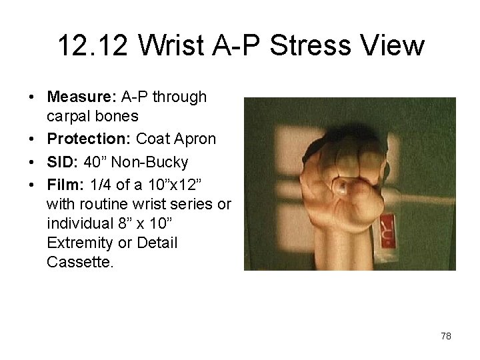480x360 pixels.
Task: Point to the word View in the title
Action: [x=393, y=46]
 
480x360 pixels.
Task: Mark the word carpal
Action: [x=70, y=117]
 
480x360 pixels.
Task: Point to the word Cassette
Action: [x=81, y=262]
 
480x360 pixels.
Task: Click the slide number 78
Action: [x=445, y=336]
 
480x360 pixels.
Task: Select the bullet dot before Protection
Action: [x=32, y=139]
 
